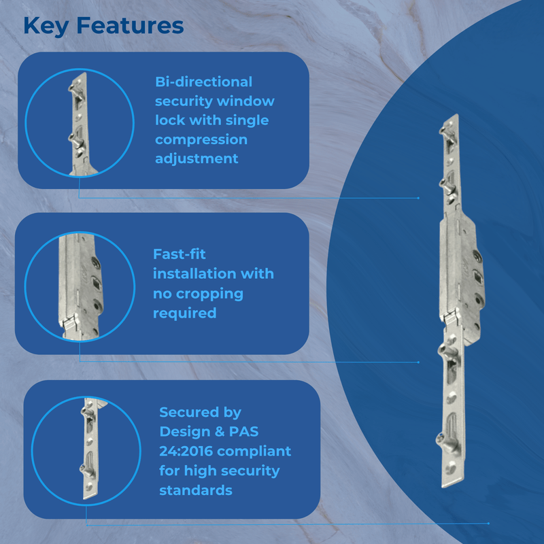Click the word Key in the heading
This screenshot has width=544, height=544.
pyautogui.click(x=46, y=27)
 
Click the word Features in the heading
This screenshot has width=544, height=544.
pyautogui.click(x=130, y=26)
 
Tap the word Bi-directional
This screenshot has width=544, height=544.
pyautogui.click(x=203, y=82)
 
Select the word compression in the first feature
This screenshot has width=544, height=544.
pyautogui.click(x=201, y=140)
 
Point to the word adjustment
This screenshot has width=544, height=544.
pyautogui.click(x=197, y=159)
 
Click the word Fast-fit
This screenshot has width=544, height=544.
pyautogui.click(x=180, y=254)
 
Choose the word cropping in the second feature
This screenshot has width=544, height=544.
pyautogui.click(x=209, y=294)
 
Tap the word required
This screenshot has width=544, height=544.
pyautogui.click(x=184, y=313)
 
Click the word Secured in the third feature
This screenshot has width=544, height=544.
pyautogui.click(x=189, y=412)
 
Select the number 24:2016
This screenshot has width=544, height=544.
pyautogui.click(x=186, y=452)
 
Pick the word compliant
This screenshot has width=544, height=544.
pyautogui.click(x=254, y=452)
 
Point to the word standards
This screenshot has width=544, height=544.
pyautogui.click(x=196, y=490)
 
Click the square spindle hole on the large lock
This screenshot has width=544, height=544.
pyautogui.click(x=477, y=277)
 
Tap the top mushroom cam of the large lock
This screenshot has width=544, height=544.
pyautogui.click(x=446, y=131)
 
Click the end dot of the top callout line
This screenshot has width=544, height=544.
pyautogui.click(x=418, y=198)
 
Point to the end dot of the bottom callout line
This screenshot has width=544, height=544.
pyautogui.click(x=488, y=524)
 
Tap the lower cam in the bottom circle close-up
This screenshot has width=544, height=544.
pyautogui.click(x=86, y=470)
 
